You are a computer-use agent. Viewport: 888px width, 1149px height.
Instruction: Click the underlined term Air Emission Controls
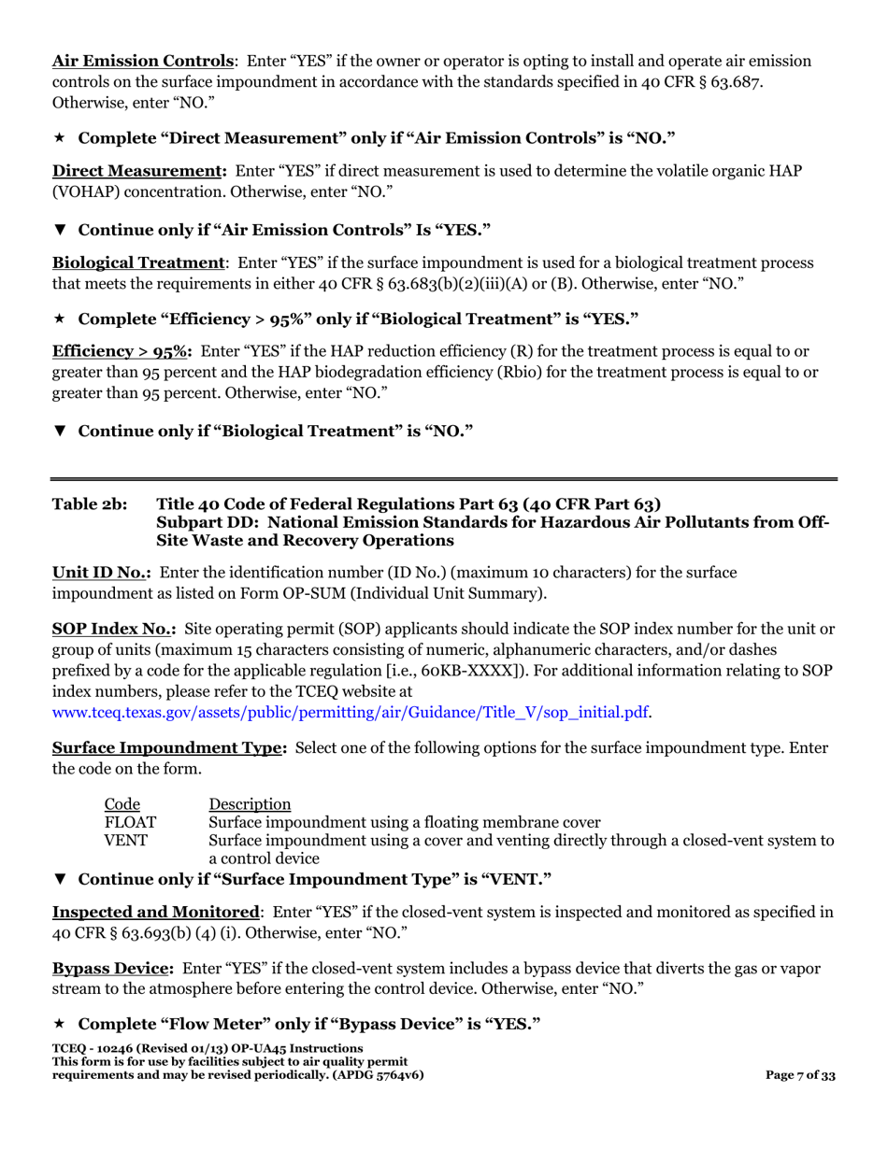[142, 61]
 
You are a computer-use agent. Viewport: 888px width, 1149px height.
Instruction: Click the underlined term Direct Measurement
[137, 171]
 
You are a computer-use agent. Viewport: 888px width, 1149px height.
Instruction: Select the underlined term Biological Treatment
[138, 262]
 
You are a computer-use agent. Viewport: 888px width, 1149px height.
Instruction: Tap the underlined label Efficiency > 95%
[121, 351]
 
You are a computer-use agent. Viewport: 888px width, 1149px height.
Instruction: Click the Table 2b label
[90, 504]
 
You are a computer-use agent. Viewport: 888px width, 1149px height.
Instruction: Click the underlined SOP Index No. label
[113, 630]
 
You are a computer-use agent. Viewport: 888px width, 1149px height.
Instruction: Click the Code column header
[122, 804]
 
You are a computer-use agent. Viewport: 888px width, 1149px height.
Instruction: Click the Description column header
[250, 804]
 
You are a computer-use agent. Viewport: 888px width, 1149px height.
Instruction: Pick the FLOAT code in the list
[130, 822]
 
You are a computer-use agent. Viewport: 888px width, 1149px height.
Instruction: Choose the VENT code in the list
[125, 840]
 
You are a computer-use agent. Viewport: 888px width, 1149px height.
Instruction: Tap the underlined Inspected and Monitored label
[155, 911]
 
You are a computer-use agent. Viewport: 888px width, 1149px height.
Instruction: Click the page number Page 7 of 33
[800, 1075]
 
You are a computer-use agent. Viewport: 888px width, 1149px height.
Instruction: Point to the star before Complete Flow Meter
[59, 1024]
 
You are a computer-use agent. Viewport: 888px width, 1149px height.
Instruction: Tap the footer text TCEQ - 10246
[98, 1049]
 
